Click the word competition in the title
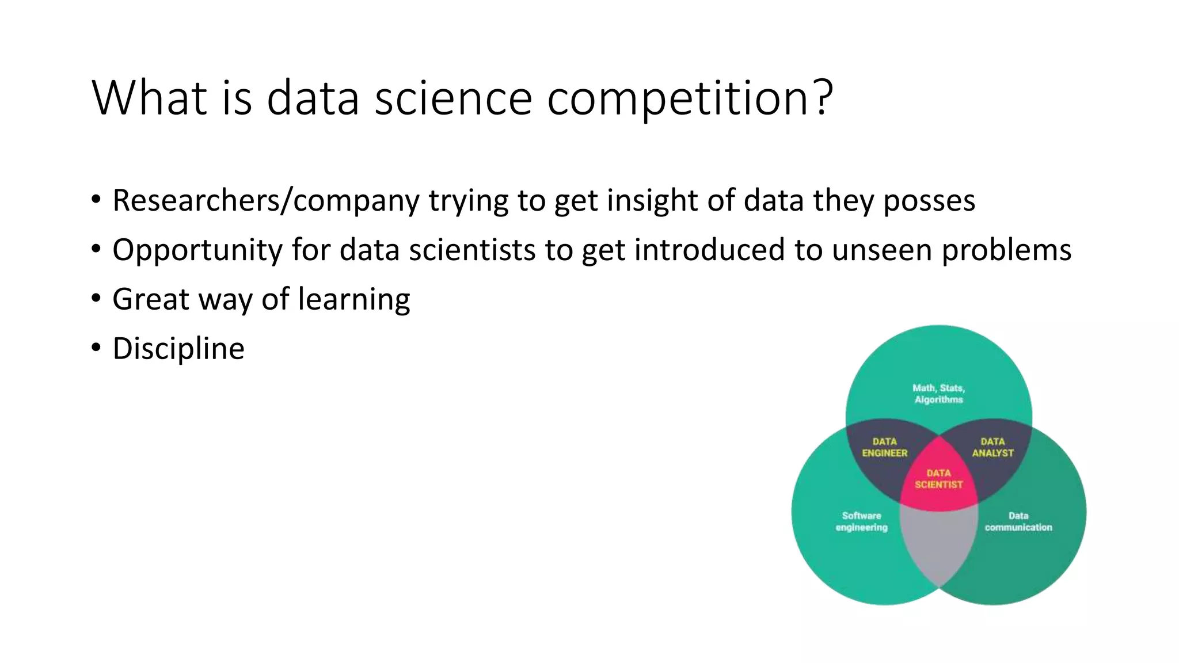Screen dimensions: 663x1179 (679, 98)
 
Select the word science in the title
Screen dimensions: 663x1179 (453, 98)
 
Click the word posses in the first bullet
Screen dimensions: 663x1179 (929, 201)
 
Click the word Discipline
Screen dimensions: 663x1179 (178, 349)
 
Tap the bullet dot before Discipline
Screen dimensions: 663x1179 (96, 348)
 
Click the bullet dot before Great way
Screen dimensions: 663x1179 (96, 298)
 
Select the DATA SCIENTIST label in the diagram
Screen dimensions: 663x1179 (938, 479)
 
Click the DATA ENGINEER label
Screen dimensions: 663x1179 (884, 447)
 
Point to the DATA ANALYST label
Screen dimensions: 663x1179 (992, 447)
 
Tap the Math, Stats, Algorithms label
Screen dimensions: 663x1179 (938, 394)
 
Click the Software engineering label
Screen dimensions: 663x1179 (861, 521)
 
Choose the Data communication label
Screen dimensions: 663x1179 (1018, 521)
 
